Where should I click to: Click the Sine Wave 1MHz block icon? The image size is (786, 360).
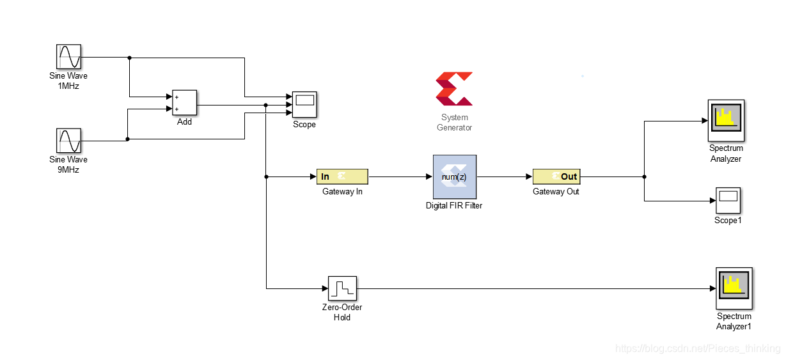[68, 57]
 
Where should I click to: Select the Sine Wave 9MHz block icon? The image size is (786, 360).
[68, 141]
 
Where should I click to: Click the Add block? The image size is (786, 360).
[184, 102]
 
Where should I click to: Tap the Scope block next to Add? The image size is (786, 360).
[304, 104]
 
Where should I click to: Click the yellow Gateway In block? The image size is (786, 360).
[342, 176]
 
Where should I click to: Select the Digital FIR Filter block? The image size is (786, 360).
[454, 176]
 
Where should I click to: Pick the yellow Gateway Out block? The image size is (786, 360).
[556, 176]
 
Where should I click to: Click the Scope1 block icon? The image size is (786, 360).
[727, 201]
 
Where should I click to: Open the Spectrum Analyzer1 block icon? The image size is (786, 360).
[734, 288]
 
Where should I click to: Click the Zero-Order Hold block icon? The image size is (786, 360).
[342, 289]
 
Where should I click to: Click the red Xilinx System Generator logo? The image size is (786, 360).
[454, 89]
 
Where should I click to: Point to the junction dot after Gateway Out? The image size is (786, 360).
[644, 176]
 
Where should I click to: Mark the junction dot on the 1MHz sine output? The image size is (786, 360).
[130, 58]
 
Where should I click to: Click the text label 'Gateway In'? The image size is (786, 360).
[342, 192]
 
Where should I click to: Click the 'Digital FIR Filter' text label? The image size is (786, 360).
[454, 206]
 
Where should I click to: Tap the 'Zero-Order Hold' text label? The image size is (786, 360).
[342, 313]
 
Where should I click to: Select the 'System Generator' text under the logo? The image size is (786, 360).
[454, 122]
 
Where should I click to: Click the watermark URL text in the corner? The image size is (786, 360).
[697, 348]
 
